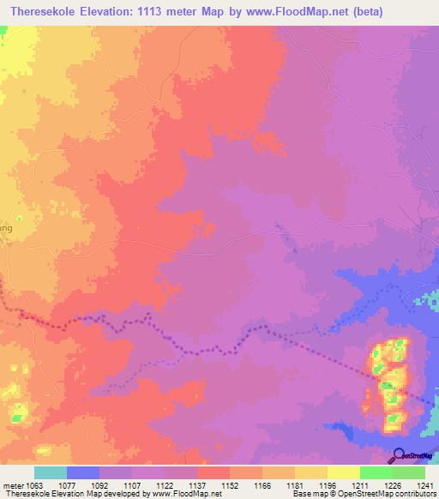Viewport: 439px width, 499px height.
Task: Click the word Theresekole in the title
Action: (x=42, y=11)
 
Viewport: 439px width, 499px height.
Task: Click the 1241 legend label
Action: (x=415, y=484)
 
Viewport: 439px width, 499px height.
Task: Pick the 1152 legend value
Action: (x=212, y=484)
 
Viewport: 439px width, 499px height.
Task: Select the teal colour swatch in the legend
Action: (x=50, y=472)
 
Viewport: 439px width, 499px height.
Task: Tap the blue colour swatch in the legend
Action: (x=82, y=472)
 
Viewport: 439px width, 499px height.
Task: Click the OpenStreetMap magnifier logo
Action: (x=400, y=456)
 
